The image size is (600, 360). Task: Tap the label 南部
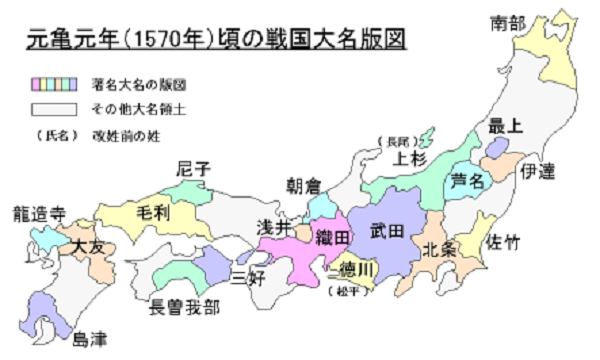[510, 22]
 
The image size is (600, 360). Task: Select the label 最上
[506, 126]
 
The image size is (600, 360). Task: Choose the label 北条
[440, 249]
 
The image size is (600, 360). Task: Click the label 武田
[387, 231]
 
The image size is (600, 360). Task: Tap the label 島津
[88, 339]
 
